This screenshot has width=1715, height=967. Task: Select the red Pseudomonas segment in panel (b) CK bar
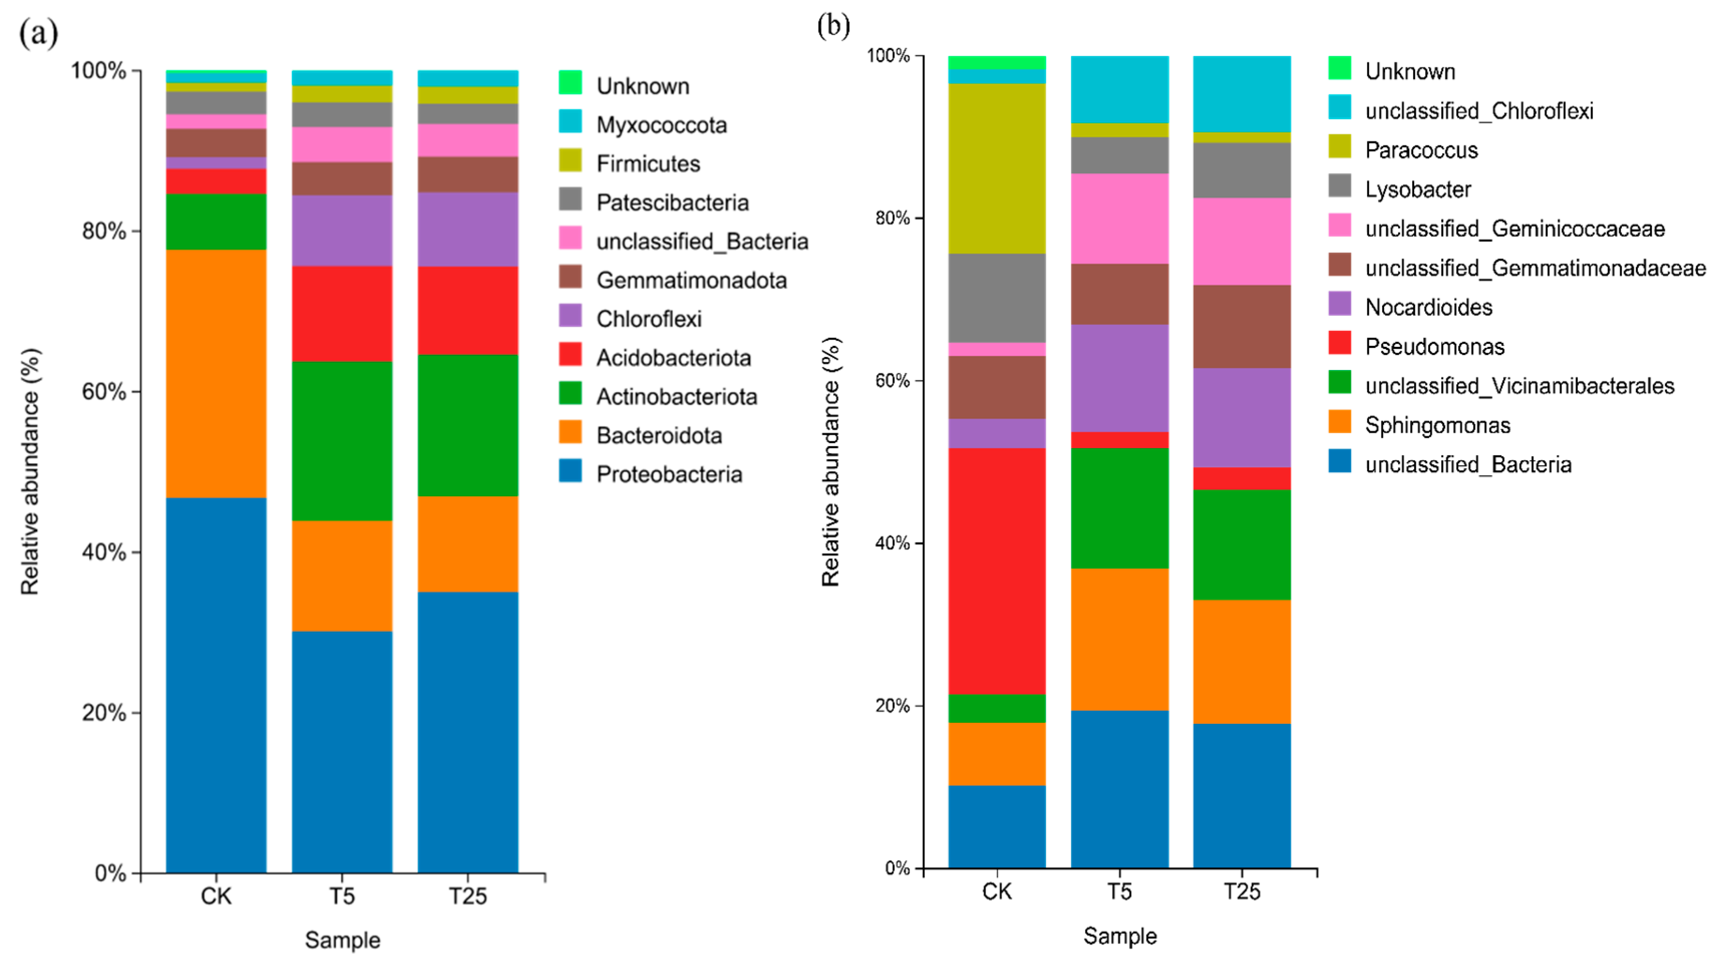point(997,571)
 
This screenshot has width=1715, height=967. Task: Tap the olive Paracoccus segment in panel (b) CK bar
point(997,168)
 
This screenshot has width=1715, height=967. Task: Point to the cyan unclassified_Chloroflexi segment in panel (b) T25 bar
point(1242,94)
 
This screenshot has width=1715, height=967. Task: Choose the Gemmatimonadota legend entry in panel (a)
point(691,280)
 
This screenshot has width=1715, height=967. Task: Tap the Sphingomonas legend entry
point(1437,425)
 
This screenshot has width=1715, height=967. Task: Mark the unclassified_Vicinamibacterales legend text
point(1519,385)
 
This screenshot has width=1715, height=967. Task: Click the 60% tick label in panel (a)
point(104,392)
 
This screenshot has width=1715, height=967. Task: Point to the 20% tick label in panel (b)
point(892,705)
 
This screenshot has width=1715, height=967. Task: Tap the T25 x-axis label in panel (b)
point(1242,891)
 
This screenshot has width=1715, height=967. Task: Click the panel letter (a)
point(38,33)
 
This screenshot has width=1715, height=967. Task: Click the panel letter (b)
point(833,26)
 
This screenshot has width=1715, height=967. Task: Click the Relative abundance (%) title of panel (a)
point(30,471)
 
